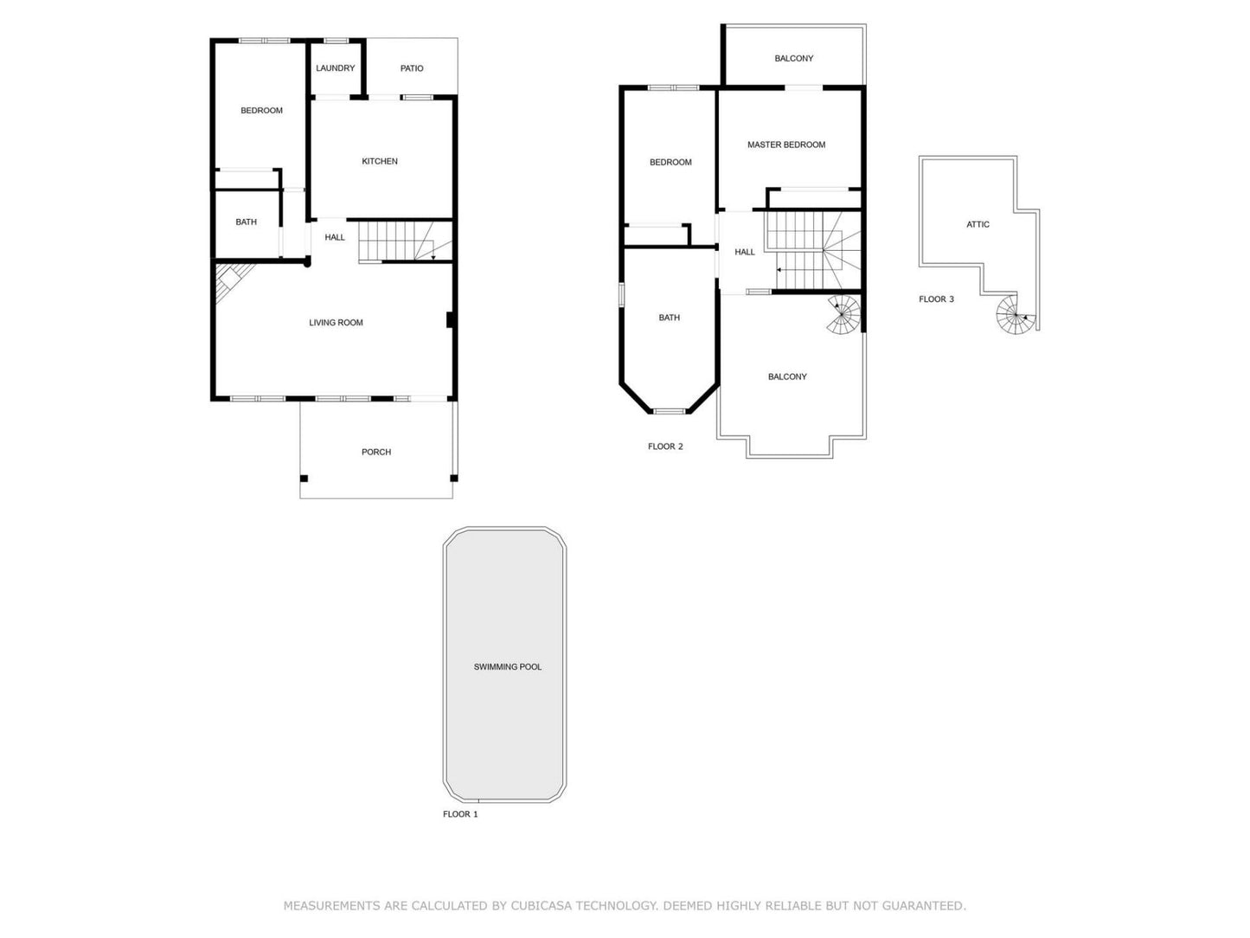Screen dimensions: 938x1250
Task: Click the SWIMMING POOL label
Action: click(508, 667)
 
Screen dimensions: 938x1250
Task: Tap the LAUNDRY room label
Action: click(335, 68)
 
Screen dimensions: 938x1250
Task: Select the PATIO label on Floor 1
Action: click(412, 68)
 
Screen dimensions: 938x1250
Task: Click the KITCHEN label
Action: click(380, 162)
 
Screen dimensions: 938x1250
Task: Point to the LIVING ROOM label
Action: click(336, 323)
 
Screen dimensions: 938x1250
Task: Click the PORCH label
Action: click(376, 453)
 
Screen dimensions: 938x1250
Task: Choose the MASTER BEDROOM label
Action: click(786, 145)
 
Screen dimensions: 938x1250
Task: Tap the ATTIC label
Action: click(978, 225)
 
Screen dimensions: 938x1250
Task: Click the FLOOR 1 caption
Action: click(460, 814)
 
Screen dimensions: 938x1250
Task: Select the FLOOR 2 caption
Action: click(665, 447)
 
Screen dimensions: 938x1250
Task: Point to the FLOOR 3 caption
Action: click(936, 299)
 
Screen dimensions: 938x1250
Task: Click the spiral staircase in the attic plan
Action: click(1014, 317)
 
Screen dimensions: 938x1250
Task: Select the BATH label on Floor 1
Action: click(246, 222)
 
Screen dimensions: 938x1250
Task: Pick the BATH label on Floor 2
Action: click(669, 318)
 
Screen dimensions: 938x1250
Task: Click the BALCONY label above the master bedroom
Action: click(793, 59)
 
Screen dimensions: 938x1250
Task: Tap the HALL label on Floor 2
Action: click(745, 253)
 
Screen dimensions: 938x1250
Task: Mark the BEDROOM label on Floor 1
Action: click(261, 111)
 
